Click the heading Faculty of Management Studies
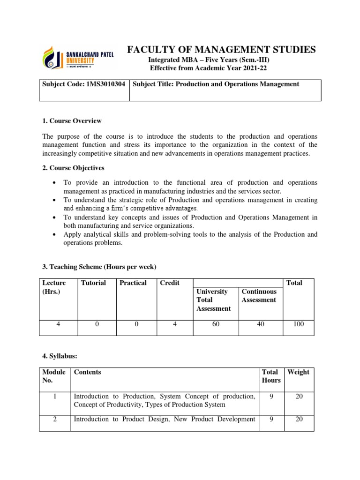222,49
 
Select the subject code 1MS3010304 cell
84,84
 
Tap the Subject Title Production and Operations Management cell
216,84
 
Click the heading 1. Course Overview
72,121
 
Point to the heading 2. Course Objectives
74,168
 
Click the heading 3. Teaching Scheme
99,267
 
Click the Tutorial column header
93,283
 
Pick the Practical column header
133,283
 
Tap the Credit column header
170,283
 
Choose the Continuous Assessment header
259,296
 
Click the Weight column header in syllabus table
298,372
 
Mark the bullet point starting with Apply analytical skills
190,239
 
